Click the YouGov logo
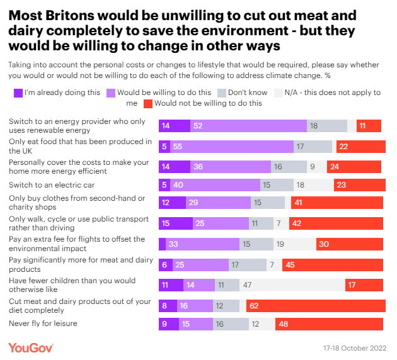tap(30, 347)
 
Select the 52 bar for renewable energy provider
tap(248, 126)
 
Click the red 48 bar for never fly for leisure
tap(330, 325)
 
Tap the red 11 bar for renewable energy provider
tap(369, 126)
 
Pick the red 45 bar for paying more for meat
tap(333, 265)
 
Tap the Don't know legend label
tap(248, 93)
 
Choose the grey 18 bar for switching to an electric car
tap(309, 185)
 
